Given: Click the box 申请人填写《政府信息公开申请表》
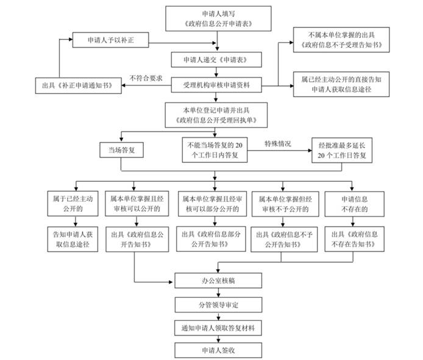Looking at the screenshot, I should tap(218, 19).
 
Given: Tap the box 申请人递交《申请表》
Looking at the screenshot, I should tap(217, 60).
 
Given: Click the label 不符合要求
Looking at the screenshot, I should tap(146, 77).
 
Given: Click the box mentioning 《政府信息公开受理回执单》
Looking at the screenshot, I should tap(217, 115).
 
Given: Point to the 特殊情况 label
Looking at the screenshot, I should tap(277, 144).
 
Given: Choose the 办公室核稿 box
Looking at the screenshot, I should tap(218, 282).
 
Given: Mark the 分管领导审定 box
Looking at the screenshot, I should tap(218, 304).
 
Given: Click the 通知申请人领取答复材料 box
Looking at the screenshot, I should tap(218, 327).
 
